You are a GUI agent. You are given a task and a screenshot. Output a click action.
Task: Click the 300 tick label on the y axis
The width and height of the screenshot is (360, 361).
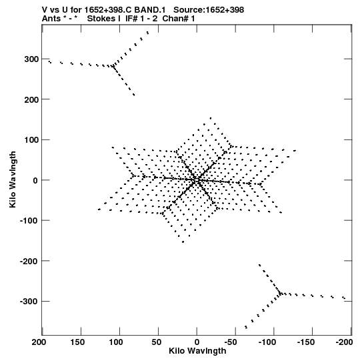[31, 59]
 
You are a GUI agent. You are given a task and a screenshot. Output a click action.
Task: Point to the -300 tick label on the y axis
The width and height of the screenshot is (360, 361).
[29, 302]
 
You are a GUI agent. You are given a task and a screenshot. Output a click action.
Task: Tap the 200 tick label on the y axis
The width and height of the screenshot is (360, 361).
[31, 99]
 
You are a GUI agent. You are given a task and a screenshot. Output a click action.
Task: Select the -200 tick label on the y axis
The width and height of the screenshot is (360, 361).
[29, 261]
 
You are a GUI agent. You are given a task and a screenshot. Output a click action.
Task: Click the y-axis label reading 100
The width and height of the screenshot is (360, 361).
[31, 140]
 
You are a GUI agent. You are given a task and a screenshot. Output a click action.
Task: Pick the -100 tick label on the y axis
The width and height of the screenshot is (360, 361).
[29, 221]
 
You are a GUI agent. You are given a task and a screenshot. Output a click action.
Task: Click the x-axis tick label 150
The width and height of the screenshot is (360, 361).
[77, 342]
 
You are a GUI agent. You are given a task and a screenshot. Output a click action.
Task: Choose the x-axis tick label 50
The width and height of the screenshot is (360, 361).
[157, 342]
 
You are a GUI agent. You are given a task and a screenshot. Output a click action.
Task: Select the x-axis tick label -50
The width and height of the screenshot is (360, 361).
[231, 342]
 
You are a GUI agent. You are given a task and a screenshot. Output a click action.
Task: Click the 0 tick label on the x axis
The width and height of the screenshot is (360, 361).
[197, 342]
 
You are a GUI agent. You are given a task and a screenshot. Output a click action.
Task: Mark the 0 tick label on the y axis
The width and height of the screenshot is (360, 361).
[35, 180]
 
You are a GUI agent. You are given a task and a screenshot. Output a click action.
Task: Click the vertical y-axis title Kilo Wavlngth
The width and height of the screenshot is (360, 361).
[13, 179]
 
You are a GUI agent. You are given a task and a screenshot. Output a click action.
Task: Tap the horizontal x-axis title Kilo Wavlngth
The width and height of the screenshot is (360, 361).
[197, 351]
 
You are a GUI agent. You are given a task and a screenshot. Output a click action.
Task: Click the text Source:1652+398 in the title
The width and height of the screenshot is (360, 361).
[209, 10]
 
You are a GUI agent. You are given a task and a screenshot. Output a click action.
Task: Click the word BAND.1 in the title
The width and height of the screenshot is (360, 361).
[150, 10]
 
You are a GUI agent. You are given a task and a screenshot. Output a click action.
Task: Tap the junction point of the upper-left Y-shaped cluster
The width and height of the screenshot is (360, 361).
[113, 66]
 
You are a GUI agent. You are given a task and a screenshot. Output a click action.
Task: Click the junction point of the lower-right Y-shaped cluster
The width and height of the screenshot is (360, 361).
[281, 294]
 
